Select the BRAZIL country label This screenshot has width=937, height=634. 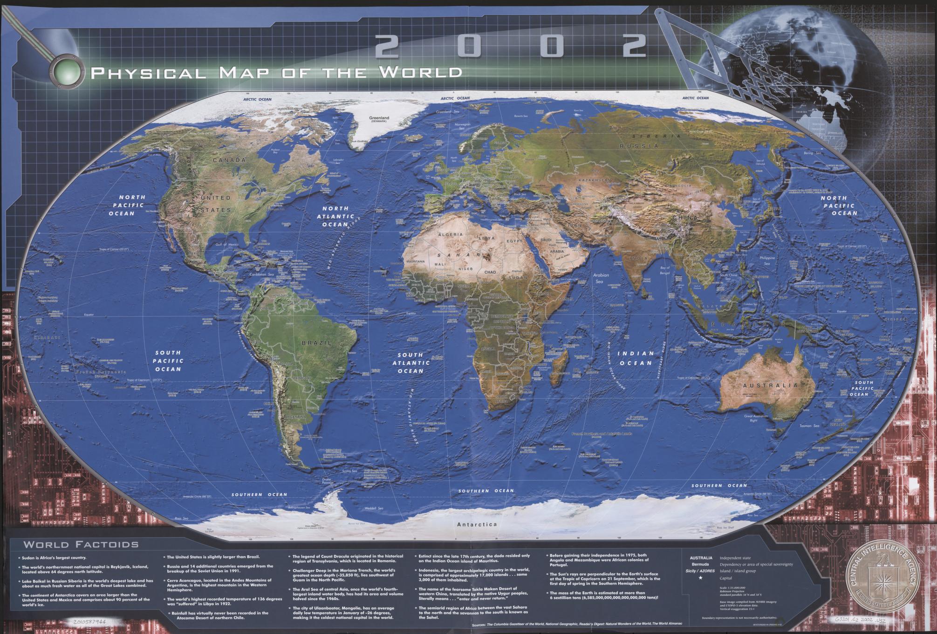point(317,343)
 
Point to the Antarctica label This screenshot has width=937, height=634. point(477,524)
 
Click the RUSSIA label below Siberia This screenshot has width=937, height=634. point(639,146)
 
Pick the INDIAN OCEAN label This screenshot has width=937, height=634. point(635,358)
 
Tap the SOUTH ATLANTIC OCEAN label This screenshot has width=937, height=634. point(410,363)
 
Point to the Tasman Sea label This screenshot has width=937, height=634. point(809,426)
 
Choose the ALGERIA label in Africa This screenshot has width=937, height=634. point(450,234)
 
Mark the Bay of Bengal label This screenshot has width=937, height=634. point(664,270)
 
